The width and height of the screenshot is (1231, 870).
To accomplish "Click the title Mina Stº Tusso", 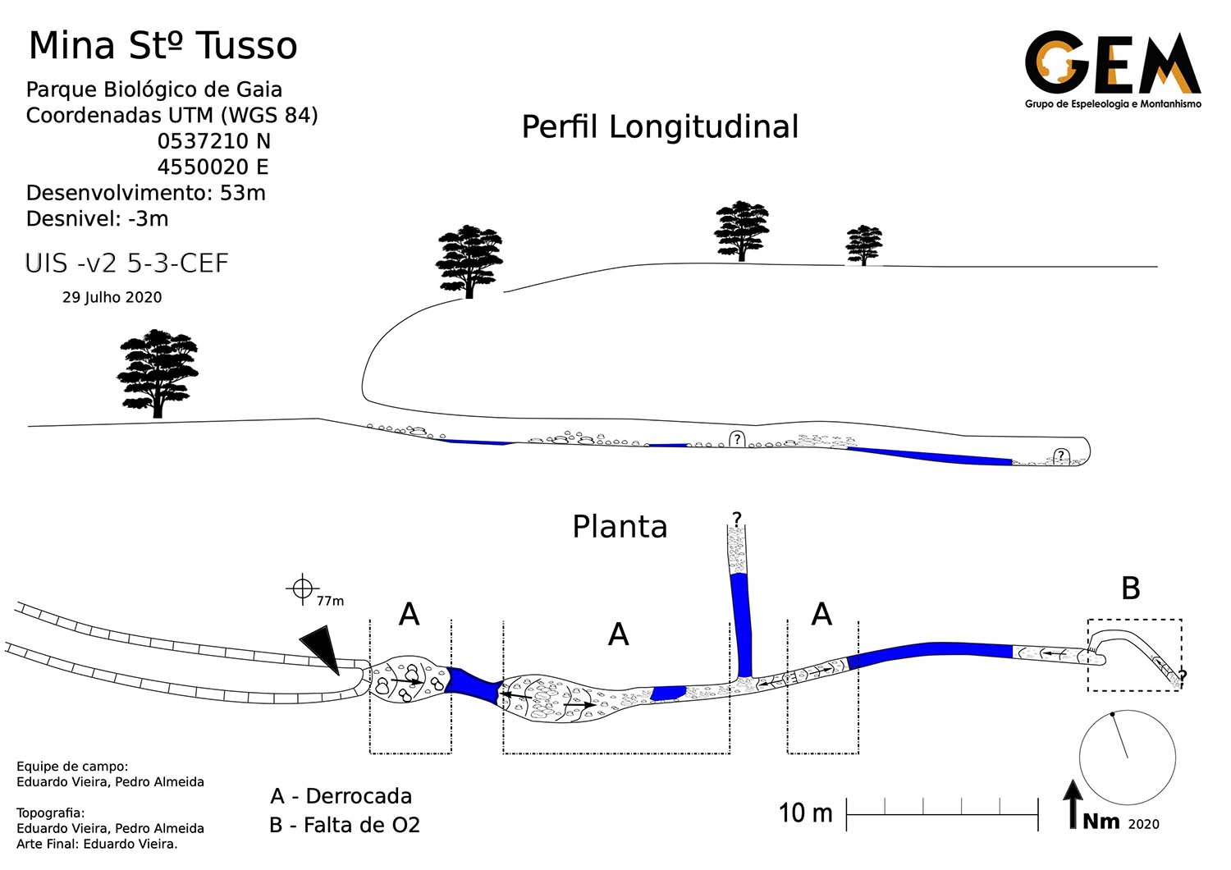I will [x=162, y=46].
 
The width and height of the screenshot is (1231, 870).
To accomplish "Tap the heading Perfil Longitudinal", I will [x=660, y=127].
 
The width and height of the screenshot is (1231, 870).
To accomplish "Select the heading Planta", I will [x=620, y=527].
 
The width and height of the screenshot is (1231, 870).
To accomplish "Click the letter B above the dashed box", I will [x=1130, y=588].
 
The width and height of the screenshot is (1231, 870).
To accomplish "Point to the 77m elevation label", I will [x=330, y=601].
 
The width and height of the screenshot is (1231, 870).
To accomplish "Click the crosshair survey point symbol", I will [x=303, y=588].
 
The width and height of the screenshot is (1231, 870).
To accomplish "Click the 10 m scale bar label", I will [x=805, y=813].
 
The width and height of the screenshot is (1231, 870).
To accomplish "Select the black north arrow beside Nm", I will [x=1072, y=804].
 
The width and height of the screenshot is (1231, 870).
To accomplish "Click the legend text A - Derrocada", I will [x=341, y=796].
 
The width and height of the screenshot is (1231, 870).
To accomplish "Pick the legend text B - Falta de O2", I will [x=345, y=825].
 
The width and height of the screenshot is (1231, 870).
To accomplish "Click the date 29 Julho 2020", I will [x=112, y=297].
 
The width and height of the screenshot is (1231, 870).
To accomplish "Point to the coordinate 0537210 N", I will [x=213, y=141].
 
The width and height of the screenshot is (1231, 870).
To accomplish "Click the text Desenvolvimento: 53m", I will [x=146, y=193].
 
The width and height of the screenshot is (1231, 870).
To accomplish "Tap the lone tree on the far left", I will [x=158, y=373].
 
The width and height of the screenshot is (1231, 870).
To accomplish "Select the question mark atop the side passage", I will [x=737, y=519].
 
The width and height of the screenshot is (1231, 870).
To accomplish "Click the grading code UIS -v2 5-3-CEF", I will [x=126, y=263].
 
